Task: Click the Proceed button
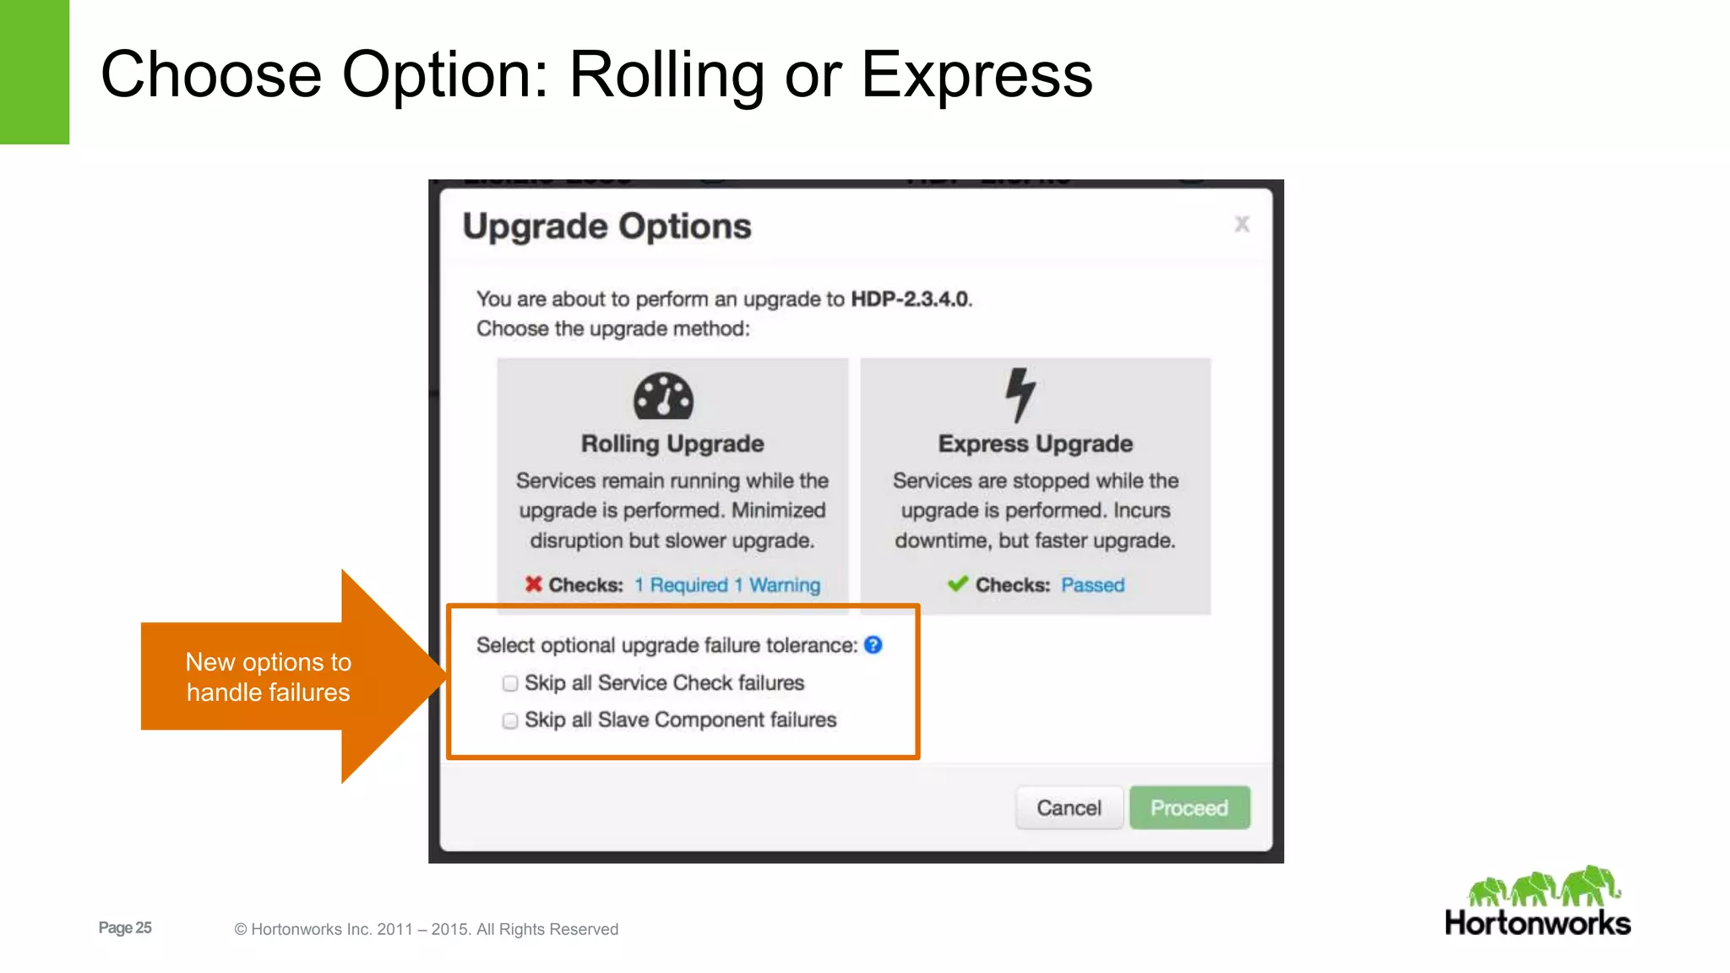click(1189, 808)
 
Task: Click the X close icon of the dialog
click(1241, 224)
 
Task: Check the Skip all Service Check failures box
click(510, 683)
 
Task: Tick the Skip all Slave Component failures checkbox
click(510, 720)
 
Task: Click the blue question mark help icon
click(873, 645)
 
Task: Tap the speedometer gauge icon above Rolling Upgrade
click(663, 396)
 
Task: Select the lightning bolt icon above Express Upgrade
click(1020, 394)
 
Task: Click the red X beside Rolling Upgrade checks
click(533, 584)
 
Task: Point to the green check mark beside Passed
click(957, 584)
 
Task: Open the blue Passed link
click(1092, 585)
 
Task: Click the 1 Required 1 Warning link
click(726, 585)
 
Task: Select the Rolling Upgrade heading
click(672, 443)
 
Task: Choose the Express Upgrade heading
click(1035, 443)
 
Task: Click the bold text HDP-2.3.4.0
click(911, 299)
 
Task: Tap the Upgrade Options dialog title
click(607, 226)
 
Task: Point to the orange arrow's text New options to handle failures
click(268, 677)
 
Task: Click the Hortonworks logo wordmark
click(1537, 922)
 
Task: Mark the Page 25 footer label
click(125, 927)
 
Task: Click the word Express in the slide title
click(977, 75)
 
